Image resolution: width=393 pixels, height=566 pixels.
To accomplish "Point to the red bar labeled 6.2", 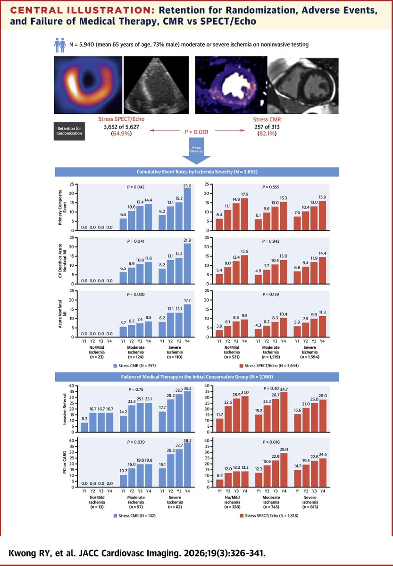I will coord(219,482).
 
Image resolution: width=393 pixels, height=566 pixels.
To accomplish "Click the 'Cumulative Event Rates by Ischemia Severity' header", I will coord(196,172).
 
